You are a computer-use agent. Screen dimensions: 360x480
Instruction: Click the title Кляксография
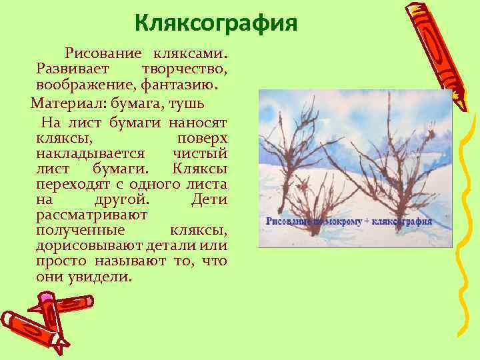click(x=215, y=24)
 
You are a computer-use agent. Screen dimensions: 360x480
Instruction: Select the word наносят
click(x=198, y=123)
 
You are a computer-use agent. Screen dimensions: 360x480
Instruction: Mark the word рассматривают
click(x=92, y=215)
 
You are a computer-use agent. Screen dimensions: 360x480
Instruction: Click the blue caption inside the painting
click(x=349, y=221)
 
